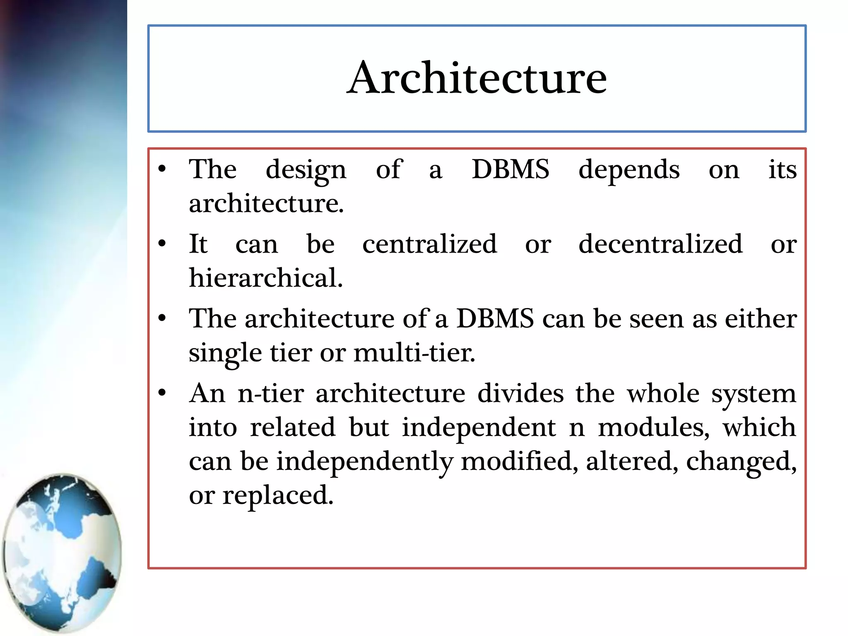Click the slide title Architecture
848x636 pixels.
tap(477, 78)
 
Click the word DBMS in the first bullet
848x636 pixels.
tap(510, 169)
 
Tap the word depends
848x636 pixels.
tap(629, 170)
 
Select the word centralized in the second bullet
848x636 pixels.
tap(429, 244)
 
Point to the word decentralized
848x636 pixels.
tap(660, 244)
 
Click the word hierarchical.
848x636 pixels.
tap(265, 278)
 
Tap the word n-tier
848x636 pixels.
tap(271, 393)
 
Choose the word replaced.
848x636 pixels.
tap(277, 495)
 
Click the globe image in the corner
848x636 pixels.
tap(62, 553)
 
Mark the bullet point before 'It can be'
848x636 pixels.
tap(162, 243)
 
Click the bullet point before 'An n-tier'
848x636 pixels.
tap(162, 393)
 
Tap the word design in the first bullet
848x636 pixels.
tap(306, 170)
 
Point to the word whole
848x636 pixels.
tap(662, 393)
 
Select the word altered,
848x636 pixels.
tap(632, 461)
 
